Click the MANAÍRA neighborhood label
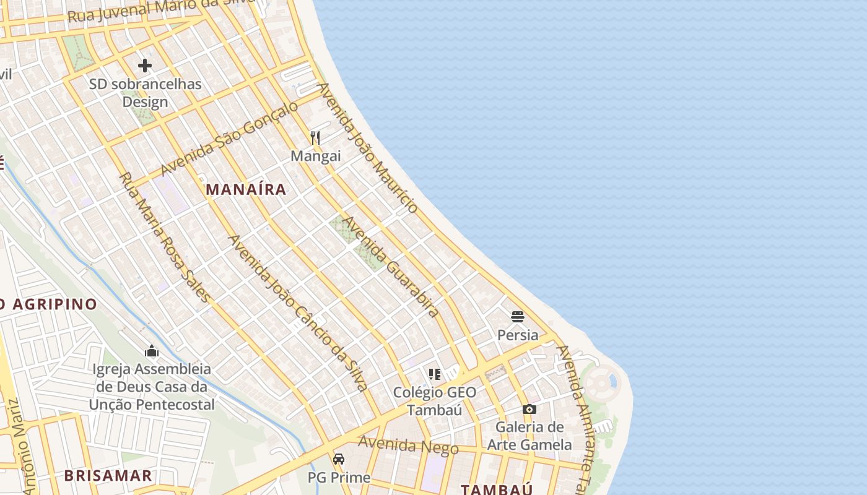(246, 189)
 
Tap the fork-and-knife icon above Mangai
(316, 137)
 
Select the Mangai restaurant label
(316, 156)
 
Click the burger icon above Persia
(518, 317)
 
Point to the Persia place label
(518, 335)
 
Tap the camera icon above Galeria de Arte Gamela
(529, 409)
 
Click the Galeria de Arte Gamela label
(529, 436)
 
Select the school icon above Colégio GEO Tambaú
(435, 374)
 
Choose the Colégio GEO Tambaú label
(435, 400)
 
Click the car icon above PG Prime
(339, 459)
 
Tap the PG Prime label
(339, 478)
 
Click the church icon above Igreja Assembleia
(152, 351)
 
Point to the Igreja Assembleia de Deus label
(152, 387)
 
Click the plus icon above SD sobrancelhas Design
(145, 65)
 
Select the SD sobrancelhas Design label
(146, 93)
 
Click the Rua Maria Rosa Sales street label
(164, 237)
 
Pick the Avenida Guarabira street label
(391, 266)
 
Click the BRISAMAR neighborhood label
(108, 475)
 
